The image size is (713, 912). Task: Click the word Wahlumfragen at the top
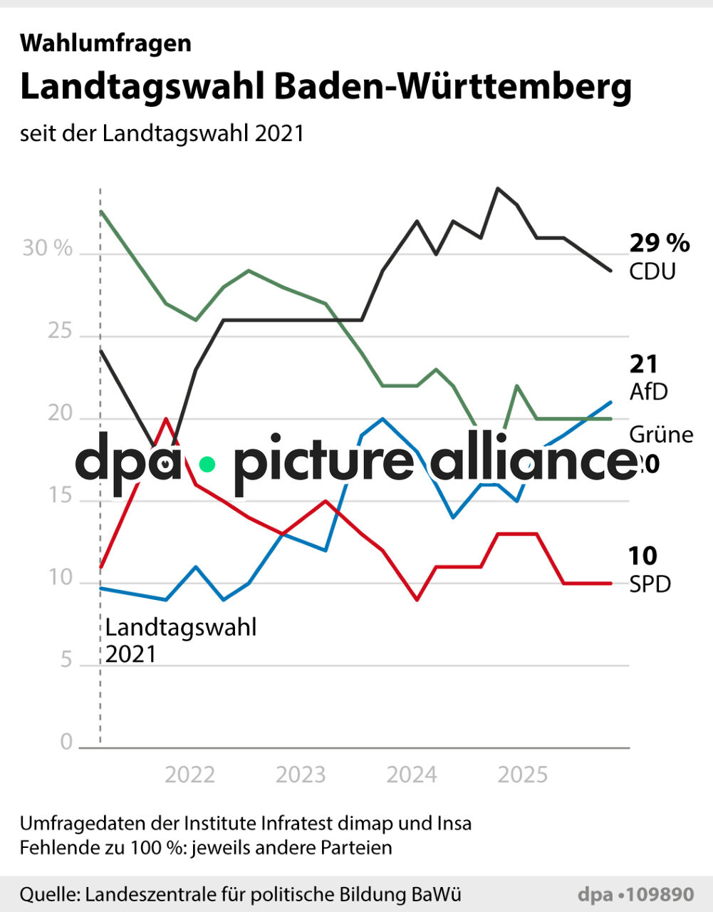pos(105,43)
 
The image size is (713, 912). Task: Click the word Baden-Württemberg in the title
pos(453,88)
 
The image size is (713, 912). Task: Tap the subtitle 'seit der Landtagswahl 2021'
pos(162,133)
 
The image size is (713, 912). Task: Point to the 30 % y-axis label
pos(48,248)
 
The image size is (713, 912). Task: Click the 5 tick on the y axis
pos(66,660)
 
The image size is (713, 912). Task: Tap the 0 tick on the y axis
pos(66,742)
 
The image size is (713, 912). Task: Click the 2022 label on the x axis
pos(189,774)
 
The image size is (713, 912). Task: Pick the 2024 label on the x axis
pos(412,774)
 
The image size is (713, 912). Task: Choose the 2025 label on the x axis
pos(523,774)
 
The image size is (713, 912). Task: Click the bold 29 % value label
pos(660,244)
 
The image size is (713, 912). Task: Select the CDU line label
pos(652,271)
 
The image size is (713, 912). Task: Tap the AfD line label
pos(649,391)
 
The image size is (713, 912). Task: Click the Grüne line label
pos(661,435)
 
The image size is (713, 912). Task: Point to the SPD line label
pos(650,584)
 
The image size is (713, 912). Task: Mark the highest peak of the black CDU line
pos(497,189)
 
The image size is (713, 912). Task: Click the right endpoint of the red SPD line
pos(610,584)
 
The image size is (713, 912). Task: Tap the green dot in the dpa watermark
pos(207,465)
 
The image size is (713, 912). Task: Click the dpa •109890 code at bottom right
pos(635,895)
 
